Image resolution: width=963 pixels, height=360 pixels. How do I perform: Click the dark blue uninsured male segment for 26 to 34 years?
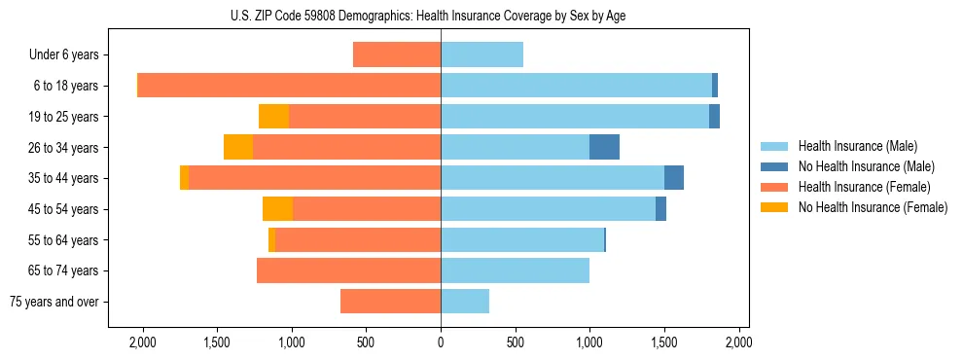pos(604,147)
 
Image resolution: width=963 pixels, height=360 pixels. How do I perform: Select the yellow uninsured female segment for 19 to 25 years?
pos(273,117)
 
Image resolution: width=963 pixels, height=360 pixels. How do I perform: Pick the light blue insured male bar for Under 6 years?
pos(481,55)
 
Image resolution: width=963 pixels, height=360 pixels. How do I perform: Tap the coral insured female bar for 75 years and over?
pos(390,302)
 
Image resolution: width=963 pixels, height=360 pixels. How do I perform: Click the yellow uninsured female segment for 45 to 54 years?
pos(277,209)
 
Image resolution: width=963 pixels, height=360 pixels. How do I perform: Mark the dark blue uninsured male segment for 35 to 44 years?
pos(673,178)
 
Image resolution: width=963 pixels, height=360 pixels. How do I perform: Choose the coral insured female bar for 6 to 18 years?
pos(289,86)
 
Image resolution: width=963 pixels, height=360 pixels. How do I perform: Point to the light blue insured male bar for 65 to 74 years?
pos(515,270)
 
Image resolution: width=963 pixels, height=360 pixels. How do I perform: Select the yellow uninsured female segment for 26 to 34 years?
pos(238,147)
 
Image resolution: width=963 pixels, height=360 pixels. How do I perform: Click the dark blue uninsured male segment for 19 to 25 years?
pos(714,117)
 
